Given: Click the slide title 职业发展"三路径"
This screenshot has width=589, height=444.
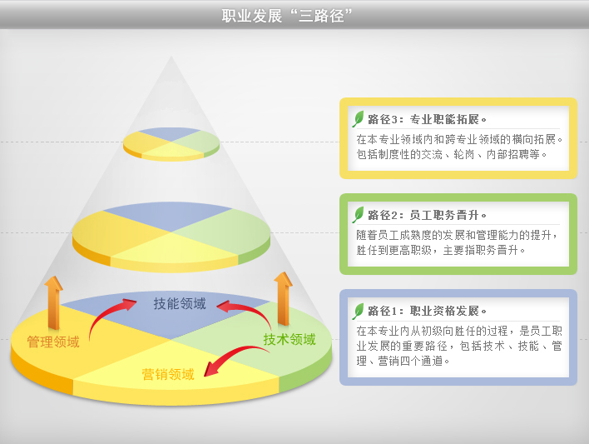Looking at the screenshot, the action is click(287, 16).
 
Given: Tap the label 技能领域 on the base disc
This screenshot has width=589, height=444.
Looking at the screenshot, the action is click(180, 303).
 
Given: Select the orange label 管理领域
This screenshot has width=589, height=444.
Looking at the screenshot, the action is click(53, 342).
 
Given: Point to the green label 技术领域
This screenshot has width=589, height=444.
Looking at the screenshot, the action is click(290, 339).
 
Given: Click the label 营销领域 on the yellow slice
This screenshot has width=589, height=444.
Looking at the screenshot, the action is click(168, 374).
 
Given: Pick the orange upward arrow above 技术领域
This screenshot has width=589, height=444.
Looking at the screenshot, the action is click(283, 299).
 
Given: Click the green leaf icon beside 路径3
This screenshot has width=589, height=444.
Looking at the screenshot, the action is click(359, 118).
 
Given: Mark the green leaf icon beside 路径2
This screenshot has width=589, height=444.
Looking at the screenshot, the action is click(359, 214).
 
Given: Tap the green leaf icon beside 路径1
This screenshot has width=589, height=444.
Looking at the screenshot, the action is click(359, 311).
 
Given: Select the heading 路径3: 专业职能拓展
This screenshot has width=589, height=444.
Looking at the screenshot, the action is click(427, 119).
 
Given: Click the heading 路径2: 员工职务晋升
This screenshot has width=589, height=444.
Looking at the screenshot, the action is click(427, 215).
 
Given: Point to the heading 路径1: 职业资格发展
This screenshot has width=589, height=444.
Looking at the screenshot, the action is click(427, 312).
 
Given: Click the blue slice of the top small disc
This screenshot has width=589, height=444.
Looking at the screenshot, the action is click(171, 133).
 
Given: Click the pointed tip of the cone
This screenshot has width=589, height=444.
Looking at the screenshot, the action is click(171, 57).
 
